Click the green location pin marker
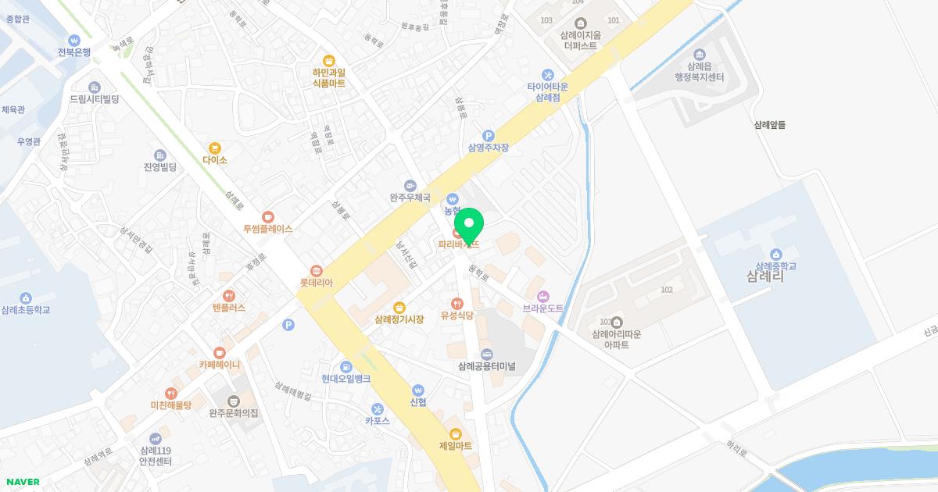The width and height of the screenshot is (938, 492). point(469,226)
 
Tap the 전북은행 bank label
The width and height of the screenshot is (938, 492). point(74,52)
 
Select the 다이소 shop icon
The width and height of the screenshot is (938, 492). point(215,148)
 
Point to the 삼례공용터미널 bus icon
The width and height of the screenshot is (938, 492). point(487,354)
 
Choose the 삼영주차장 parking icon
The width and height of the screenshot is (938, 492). point(489,136)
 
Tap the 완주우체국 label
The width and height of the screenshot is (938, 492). point(410,198)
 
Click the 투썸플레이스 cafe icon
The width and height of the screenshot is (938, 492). point(268,216)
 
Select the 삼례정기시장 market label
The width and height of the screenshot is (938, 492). point(399,319)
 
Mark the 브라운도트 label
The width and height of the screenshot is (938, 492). point(543,308)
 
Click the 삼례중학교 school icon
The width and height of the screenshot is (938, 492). point(775,254)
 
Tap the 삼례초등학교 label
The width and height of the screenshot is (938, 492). point(26,310)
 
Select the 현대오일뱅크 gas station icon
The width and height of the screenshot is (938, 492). point(345,366)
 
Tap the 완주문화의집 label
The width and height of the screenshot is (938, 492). point(233,413)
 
